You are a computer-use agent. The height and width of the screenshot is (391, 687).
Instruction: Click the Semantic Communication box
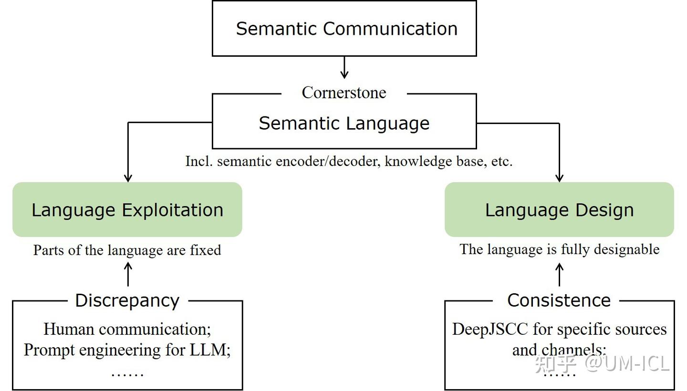(x=344, y=29)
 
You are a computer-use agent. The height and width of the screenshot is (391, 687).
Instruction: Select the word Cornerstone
(x=344, y=93)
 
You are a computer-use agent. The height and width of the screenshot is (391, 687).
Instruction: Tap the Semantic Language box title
(x=344, y=123)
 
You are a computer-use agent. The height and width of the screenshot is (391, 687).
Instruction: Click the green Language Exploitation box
(x=127, y=210)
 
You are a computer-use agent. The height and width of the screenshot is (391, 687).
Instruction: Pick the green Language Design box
(x=559, y=210)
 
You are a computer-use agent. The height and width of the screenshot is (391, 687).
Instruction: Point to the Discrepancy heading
(x=127, y=300)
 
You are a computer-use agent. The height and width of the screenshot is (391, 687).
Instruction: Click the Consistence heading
(x=559, y=300)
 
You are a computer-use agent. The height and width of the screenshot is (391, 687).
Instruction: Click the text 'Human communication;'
(x=127, y=329)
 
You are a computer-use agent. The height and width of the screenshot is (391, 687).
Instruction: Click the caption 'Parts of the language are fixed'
(x=127, y=250)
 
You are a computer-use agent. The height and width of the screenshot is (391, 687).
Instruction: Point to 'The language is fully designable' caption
(x=559, y=249)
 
